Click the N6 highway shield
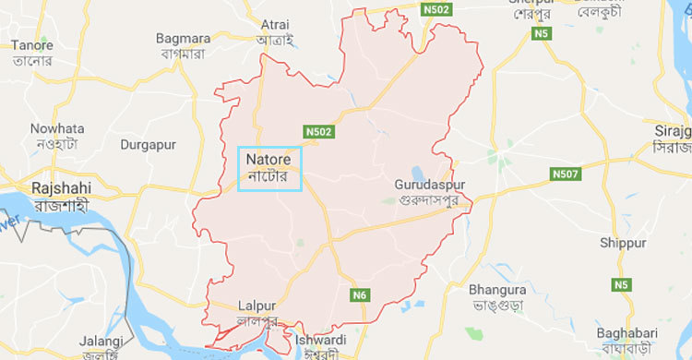[360, 294]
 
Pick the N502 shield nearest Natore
[319, 133]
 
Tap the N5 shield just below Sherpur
[542, 34]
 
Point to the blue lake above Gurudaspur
[418, 172]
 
